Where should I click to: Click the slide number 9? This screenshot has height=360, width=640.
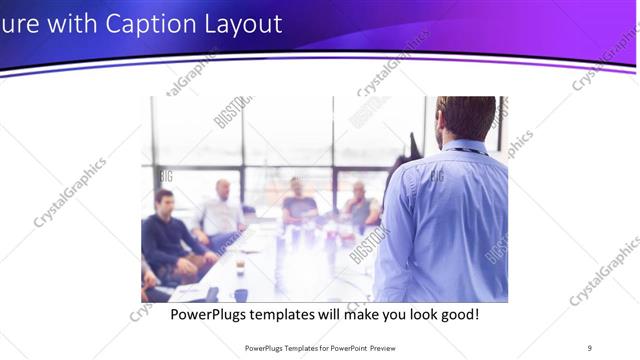coord(589,347)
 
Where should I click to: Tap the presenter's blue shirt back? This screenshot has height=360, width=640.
coord(450,220)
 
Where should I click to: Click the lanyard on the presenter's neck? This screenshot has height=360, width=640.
coord(465,150)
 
